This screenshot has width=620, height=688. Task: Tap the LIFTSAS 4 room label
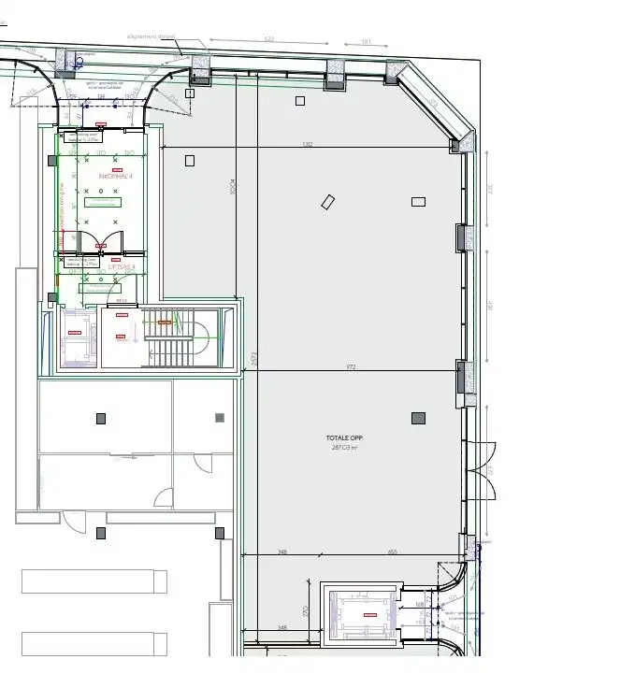click(122, 266)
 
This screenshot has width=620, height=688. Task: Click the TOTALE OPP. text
click(343, 437)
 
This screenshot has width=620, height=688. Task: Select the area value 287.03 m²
click(343, 447)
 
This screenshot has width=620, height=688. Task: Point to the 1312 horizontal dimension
click(308, 145)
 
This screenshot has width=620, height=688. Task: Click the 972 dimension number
click(352, 367)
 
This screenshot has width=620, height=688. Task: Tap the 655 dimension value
click(393, 552)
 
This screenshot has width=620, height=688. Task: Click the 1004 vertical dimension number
click(232, 187)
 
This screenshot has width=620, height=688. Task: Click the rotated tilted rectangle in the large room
click(328, 201)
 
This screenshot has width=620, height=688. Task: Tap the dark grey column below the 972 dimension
click(418, 417)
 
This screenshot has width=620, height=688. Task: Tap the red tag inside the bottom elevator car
click(372, 614)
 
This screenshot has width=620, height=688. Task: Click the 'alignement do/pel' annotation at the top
click(152, 37)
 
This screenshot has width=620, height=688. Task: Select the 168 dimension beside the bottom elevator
click(420, 605)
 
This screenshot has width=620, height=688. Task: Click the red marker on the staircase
click(166, 322)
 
